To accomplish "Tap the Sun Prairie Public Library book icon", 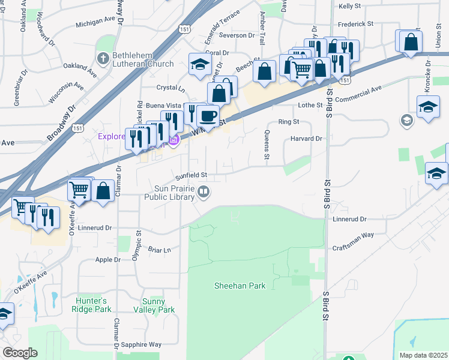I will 204,192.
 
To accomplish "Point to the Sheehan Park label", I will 240,286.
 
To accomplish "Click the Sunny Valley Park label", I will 158,305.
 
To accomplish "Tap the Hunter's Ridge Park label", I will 94,305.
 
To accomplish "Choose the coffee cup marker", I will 208,116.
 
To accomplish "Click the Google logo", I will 20,353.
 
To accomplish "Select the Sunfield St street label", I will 191,176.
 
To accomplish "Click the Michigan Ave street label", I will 95,25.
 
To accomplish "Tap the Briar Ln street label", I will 160,249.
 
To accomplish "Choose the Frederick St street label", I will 355,24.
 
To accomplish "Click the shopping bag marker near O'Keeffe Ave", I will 103,191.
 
